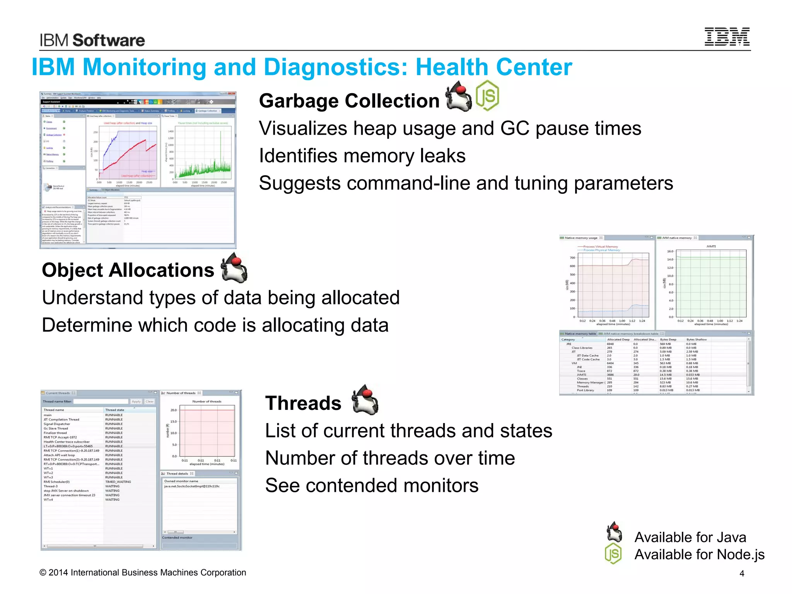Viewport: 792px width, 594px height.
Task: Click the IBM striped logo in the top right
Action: point(727,37)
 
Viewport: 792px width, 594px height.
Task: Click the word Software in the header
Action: point(109,40)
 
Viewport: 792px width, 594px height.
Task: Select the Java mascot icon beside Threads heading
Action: point(365,400)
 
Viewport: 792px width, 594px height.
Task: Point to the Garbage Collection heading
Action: point(349,101)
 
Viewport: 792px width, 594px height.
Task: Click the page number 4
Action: point(742,574)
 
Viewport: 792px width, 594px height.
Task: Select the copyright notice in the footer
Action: point(143,572)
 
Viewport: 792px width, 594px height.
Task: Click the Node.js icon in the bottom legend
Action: point(613,553)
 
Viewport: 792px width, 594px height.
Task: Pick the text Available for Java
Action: point(690,537)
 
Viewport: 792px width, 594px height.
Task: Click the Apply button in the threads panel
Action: point(136,401)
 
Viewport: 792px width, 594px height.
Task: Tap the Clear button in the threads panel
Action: point(150,401)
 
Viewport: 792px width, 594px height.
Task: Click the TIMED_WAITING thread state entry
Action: point(118,482)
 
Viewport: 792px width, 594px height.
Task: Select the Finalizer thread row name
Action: point(55,433)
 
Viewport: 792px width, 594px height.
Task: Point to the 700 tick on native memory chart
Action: point(572,258)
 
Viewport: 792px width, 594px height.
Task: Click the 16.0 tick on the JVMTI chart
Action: point(670,251)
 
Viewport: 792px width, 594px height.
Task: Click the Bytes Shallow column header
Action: point(696,340)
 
